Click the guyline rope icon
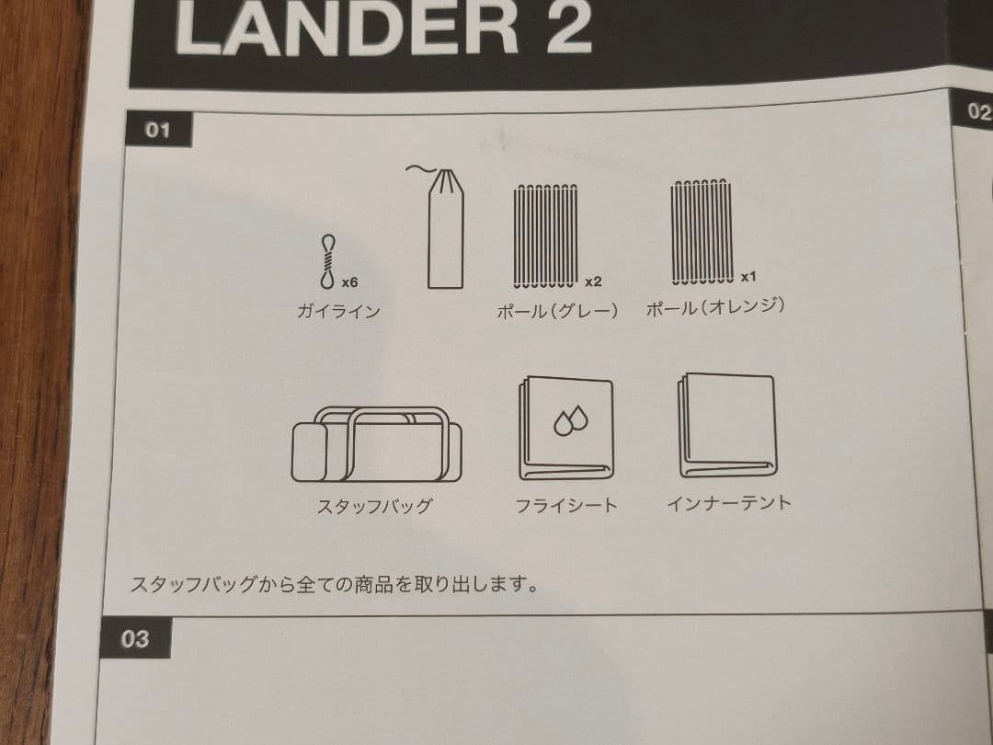click(327, 263)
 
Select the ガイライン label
click(338, 311)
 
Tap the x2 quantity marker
click(593, 281)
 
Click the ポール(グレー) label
click(557, 311)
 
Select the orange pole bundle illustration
click(702, 231)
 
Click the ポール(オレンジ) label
click(715, 306)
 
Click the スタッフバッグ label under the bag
click(374, 506)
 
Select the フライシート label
click(566, 505)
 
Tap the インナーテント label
click(728, 502)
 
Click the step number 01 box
click(158, 130)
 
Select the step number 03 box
click(135, 638)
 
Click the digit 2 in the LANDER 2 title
click(561, 28)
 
